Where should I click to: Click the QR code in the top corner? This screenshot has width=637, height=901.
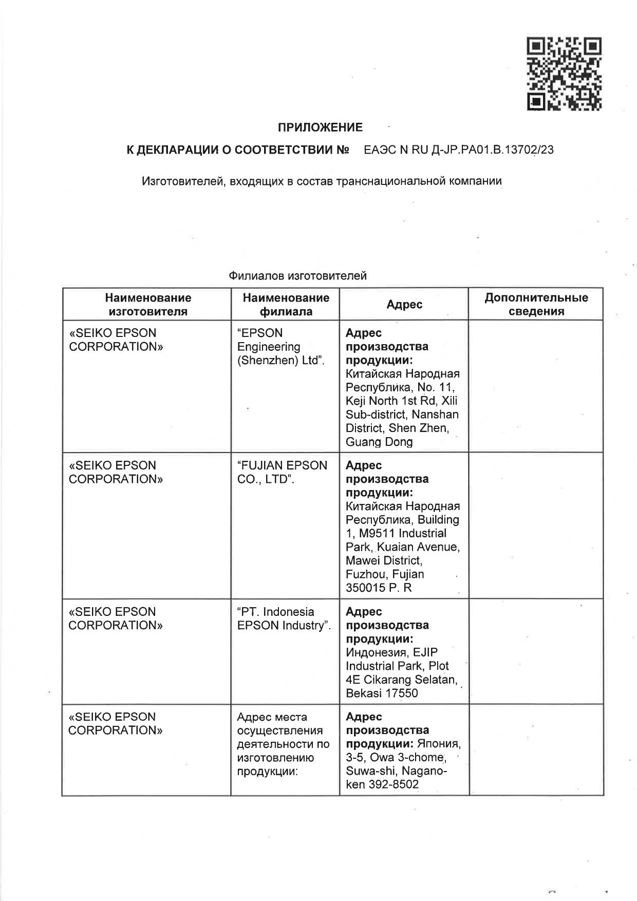coord(564,73)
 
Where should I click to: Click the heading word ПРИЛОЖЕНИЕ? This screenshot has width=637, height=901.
coord(320,127)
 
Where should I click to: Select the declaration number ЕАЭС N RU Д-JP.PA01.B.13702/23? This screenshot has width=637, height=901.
coord(458,150)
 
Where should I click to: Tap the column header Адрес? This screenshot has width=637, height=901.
coord(404,305)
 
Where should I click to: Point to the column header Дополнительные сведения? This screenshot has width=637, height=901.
coord(536,305)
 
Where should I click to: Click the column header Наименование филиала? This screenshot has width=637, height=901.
coord(286,305)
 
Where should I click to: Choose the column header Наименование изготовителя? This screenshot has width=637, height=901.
coord(148,305)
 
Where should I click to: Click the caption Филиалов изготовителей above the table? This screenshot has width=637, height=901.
coord(297,276)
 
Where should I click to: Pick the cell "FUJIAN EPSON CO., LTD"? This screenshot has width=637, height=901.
coord(282,472)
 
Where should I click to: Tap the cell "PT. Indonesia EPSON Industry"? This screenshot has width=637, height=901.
coord(284,618)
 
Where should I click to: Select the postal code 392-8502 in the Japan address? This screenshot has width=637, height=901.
coord(394,784)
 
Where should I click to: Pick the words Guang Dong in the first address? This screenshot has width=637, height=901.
coord(379,442)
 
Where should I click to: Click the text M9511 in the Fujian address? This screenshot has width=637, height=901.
coord(377,533)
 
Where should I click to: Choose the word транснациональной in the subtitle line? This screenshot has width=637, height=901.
coord(385,181)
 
